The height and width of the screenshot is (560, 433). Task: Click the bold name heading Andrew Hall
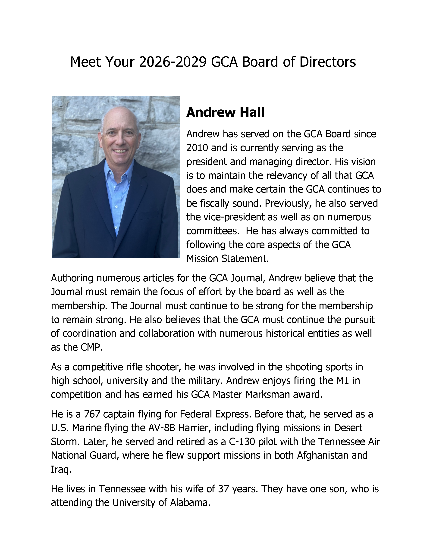(225, 112)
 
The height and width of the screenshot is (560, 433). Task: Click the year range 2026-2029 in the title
(173, 62)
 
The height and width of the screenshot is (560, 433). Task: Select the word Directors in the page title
(328, 62)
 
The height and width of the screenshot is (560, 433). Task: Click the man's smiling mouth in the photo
(121, 151)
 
